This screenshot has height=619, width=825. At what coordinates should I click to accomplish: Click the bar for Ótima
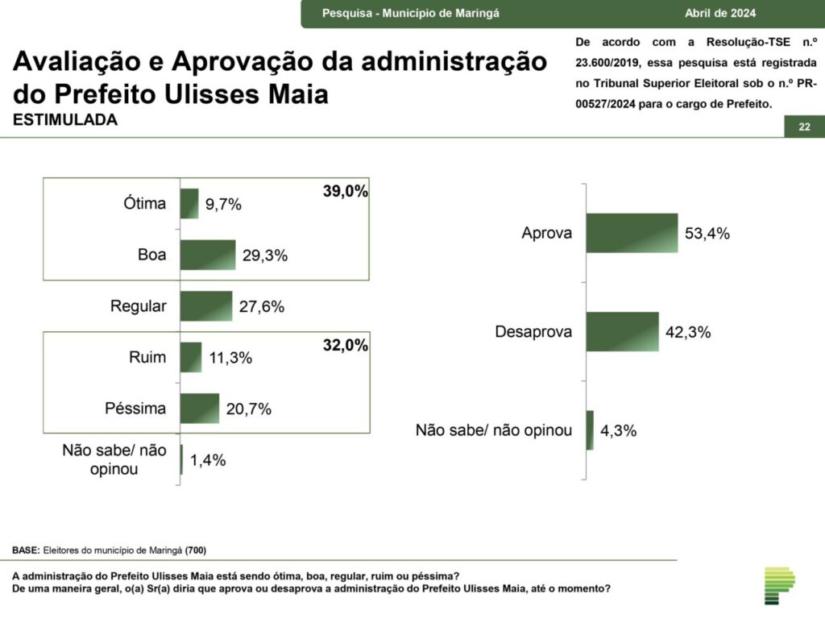click(x=189, y=204)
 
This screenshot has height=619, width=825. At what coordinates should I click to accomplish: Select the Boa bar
click(x=208, y=255)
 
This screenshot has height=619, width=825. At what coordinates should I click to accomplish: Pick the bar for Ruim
click(x=191, y=357)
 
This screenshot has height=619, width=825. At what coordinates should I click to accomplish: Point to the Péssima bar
click(x=200, y=408)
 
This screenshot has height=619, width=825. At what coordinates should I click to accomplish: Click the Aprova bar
click(x=632, y=233)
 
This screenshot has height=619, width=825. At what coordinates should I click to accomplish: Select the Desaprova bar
click(x=622, y=331)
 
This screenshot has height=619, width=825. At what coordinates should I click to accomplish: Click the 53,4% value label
click(x=707, y=234)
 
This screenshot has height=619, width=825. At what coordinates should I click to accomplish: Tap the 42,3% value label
click(x=687, y=332)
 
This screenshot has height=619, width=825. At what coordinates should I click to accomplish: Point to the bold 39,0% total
click(x=346, y=192)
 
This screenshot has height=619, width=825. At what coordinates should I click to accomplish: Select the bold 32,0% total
click(x=346, y=346)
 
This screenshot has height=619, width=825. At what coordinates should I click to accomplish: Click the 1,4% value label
click(x=208, y=460)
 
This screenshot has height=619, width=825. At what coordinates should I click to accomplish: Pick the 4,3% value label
click(x=619, y=430)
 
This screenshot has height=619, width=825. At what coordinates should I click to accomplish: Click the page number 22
click(x=804, y=127)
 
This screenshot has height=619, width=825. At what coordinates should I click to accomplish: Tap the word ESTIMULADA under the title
click(x=65, y=120)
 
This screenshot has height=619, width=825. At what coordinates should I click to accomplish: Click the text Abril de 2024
click(x=720, y=13)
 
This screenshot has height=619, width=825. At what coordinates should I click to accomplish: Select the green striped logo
click(x=779, y=585)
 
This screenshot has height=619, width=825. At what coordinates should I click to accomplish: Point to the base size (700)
click(x=196, y=550)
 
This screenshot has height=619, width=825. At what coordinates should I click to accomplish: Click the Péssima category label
click(x=135, y=408)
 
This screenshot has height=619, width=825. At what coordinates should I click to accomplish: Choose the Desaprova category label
click(x=533, y=331)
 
